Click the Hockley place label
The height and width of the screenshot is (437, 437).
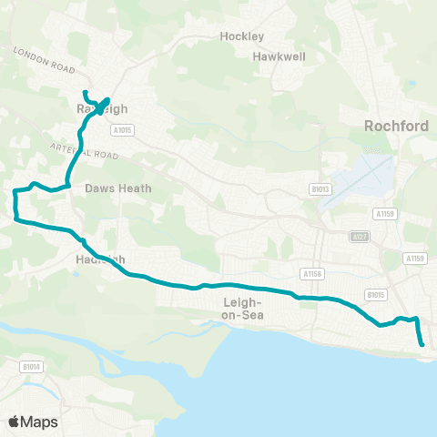point(242,36)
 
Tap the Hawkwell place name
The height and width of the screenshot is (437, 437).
point(276,56)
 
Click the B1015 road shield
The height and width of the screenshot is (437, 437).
point(374,294)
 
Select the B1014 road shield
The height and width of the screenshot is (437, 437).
point(32,367)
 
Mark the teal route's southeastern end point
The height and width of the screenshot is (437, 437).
point(422,344)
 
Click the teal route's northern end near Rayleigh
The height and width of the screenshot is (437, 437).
point(85,93)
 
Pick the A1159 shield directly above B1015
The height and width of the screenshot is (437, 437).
point(416,259)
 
